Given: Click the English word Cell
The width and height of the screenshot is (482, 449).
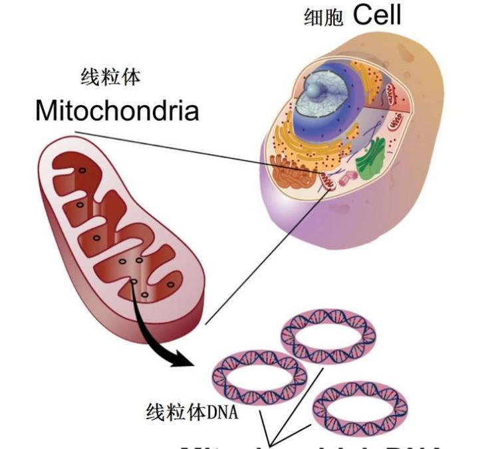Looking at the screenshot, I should (377, 14).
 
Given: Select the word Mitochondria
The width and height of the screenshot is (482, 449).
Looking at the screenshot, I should (117, 110).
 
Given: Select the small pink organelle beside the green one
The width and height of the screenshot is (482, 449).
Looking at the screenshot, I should (347, 178).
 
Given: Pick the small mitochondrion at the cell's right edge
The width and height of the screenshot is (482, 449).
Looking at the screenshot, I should (396, 122).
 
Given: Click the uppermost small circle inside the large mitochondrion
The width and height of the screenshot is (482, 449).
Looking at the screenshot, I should (82, 171).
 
